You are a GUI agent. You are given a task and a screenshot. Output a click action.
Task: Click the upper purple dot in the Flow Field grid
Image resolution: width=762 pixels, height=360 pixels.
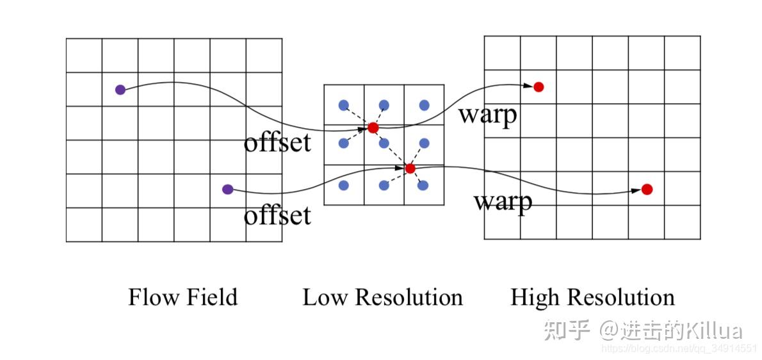(120, 90)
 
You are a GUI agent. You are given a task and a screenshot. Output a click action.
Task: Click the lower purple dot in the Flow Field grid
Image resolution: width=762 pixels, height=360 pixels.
(227, 189)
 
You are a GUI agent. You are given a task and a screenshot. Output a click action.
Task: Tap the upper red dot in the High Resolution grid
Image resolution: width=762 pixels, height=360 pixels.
(539, 86)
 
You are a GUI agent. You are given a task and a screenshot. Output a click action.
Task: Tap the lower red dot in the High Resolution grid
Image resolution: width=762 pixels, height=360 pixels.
(647, 189)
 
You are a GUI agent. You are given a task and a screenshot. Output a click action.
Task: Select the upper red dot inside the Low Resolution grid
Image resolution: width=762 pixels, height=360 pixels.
(373, 128)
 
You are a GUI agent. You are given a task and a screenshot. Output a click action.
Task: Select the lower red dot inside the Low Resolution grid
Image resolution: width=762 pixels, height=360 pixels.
(410, 168)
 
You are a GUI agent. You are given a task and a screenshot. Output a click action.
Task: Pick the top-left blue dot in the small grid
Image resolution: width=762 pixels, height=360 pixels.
(343, 105)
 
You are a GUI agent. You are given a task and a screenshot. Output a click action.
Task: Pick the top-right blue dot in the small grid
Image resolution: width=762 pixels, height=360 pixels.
(424, 105)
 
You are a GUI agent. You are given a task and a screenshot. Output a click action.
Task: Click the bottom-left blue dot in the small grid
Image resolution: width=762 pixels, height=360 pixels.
(343, 185)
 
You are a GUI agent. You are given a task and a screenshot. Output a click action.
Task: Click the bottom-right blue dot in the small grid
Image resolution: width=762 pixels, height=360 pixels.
(423, 185)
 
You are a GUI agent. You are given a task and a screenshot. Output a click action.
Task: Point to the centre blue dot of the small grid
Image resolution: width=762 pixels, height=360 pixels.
(384, 143)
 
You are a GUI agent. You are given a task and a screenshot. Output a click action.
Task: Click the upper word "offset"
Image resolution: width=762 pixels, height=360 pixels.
(277, 142)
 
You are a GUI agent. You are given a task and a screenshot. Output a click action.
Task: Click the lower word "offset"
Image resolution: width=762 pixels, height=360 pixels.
(277, 216)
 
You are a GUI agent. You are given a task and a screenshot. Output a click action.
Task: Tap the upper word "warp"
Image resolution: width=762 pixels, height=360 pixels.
(487, 116)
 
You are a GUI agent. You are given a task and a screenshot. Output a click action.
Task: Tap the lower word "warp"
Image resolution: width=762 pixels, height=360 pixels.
(503, 202)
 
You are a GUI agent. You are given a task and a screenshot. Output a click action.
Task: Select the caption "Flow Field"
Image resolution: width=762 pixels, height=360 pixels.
(182, 297)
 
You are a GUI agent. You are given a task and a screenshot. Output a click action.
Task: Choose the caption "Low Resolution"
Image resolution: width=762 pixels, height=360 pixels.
(382, 297)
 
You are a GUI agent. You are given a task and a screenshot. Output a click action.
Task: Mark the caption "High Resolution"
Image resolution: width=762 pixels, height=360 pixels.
(592, 297)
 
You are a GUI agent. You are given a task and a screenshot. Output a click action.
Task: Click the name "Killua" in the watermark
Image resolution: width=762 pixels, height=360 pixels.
(713, 331)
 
